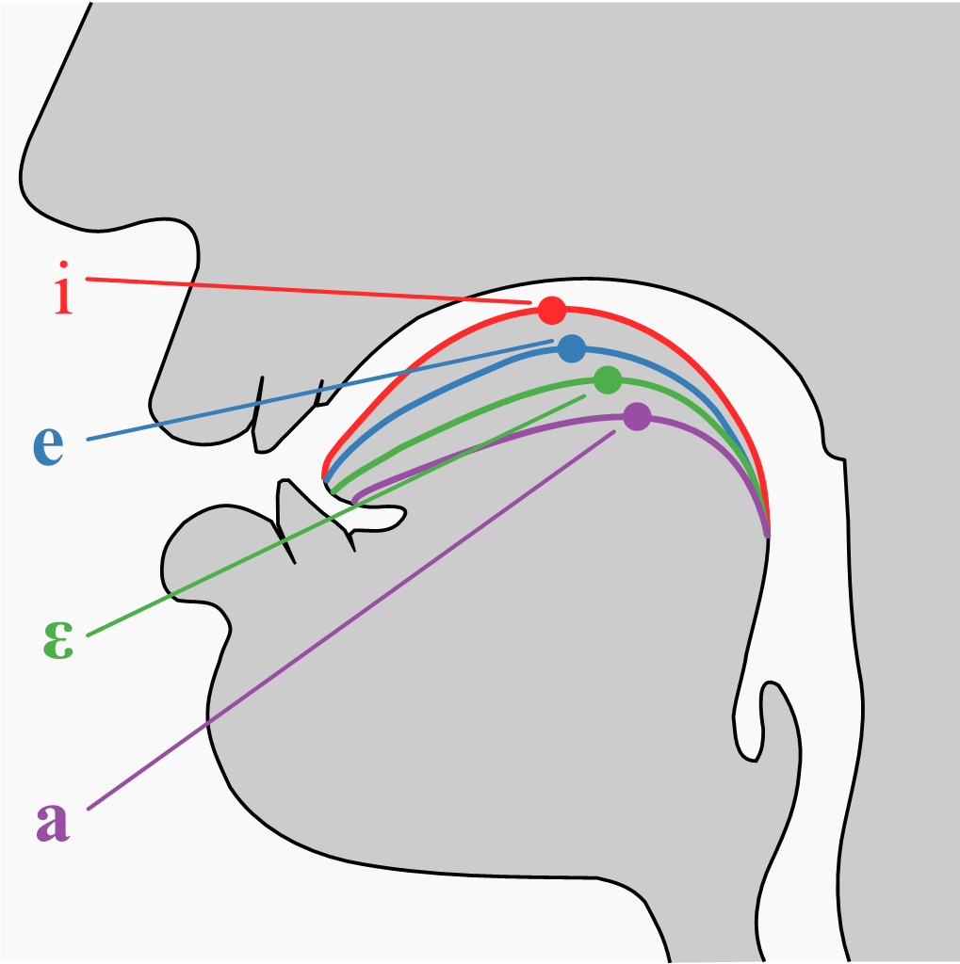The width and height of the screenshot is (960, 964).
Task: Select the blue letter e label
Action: (x=48, y=445)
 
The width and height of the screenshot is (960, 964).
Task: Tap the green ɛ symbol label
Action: (x=57, y=640)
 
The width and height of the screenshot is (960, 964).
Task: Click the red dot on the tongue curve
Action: (x=552, y=309)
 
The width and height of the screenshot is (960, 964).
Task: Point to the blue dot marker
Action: (x=571, y=348)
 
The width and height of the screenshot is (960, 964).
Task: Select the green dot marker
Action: (x=608, y=380)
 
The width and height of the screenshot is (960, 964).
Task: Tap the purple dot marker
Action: (x=637, y=415)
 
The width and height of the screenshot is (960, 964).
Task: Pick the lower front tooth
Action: (x=287, y=518)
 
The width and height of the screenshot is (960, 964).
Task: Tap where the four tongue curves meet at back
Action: (x=767, y=533)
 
